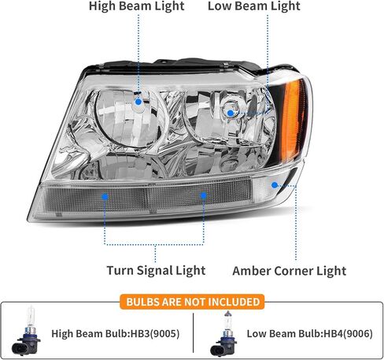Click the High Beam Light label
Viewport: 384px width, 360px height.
tap(137, 6)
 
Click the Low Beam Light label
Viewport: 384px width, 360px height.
tap(254, 6)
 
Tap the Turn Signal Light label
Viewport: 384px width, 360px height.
tap(156, 270)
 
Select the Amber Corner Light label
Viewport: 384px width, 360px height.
tap(290, 271)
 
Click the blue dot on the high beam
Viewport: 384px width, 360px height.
tap(138, 102)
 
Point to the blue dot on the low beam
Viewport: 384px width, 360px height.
tap(231, 113)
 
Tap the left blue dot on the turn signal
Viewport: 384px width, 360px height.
tap(105, 197)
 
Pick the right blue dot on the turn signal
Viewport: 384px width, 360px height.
tap(204, 195)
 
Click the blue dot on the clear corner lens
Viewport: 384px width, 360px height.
tap(275, 185)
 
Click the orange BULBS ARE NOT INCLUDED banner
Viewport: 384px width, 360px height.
tap(192, 302)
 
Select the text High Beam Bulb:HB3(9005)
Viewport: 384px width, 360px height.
tap(116, 334)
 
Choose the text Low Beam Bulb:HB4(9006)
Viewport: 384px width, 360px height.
tap(309, 334)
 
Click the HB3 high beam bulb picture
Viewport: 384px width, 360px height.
tap(26, 331)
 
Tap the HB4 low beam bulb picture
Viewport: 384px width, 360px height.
tap(224, 334)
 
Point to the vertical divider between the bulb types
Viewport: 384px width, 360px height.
tap(193, 332)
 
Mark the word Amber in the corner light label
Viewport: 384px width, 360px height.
tap(252, 271)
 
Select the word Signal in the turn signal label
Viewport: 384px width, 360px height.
tap(154, 270)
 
